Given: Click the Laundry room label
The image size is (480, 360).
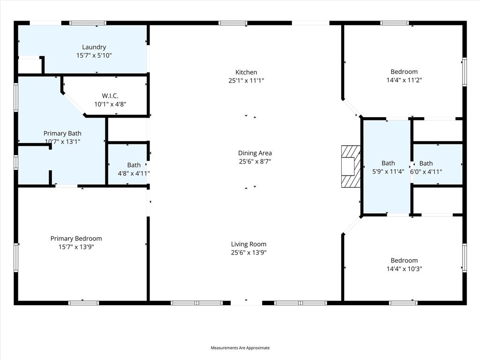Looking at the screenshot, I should pyautogui.click(x=94, y=47).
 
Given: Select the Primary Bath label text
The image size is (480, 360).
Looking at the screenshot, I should pyautogui.click(x=62, y=134).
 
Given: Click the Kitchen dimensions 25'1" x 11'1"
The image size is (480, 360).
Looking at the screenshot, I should pyautogui.click(x=246, y=81).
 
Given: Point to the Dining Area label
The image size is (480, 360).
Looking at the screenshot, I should pyautogui.click(x=255, y=153).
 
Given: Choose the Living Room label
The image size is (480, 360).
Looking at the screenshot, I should pyautogui.click(x=248, y=244).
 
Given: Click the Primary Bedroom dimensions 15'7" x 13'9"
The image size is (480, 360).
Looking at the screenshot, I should pyautogui.click(x=76, y=247).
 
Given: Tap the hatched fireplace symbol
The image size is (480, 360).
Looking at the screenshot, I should pyautogui.click(x=350, y=166).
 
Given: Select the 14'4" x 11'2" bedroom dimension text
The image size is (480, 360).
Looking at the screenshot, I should pyautogui.click(x=404, y=80).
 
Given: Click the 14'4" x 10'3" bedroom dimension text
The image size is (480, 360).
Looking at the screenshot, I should pyautogui.click(x=404, y=269).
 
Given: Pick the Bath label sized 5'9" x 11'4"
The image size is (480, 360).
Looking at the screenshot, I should pyautogui.click(x=388, y=164).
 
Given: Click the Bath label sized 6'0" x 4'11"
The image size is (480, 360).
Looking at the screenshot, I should pyautogui.click(x=426, y=164).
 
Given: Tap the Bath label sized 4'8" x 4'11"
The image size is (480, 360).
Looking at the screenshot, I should pyautogui.click(x=134, y=165).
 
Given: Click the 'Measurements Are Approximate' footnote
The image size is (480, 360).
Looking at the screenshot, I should pyautogui.click(x=240, y=348).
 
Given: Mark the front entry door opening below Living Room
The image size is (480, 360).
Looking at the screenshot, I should pyautogui.click(x=247, y=303).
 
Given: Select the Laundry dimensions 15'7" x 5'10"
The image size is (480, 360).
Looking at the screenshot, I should pyautogui.click(x=94, y=55).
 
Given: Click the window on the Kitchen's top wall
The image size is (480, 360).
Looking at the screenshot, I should pyautogui.click(x=233, y=22).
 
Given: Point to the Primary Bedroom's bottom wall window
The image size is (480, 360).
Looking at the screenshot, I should pyautogui.click(x=84, y=303).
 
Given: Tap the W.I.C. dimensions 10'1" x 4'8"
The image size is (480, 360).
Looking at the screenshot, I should pyautogui.click(x=110, y=105).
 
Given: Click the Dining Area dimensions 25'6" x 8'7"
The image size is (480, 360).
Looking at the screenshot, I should pyautogui.click(x=255, y=162).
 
